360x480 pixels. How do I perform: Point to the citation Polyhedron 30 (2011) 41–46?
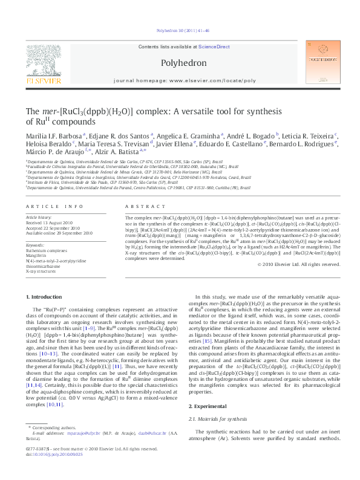[x=180, y=30]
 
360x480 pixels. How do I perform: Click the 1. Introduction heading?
[x=47, y=296]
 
